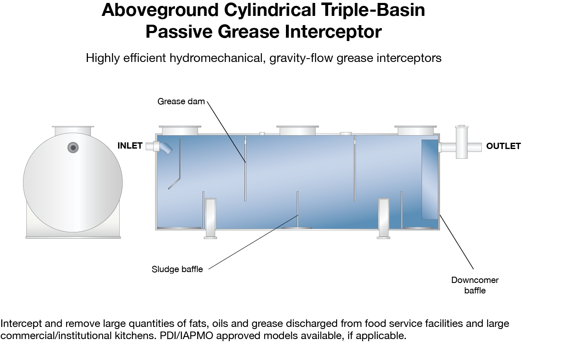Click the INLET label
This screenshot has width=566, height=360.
coord(130,146)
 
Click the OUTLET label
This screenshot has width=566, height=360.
coord(503,146)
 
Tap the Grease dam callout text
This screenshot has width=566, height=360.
coord(181,101)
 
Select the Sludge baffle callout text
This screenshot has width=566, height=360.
coord(177,269)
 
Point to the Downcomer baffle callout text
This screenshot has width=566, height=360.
coord(475,285)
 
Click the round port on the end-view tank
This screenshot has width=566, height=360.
coord(73,147)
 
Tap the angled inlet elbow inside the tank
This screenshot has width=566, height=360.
coord(166,148)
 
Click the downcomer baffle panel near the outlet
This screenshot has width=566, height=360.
coord(430,179)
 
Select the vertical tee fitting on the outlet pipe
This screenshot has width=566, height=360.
coord(462,142)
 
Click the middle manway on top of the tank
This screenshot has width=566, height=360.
coord(297,130)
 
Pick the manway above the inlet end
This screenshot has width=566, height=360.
coord(180,130)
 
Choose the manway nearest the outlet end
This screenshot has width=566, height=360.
coord(415,130)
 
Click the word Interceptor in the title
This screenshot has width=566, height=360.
coord(333,31)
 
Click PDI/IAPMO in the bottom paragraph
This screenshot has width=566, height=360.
coord(186,335)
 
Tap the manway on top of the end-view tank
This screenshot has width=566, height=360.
coord(73,131)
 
